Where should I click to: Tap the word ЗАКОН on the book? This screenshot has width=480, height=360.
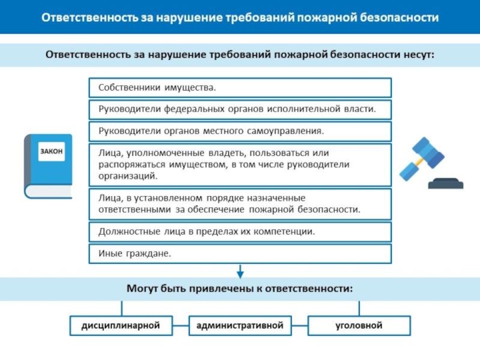pyautogui.click(x=52, y=152)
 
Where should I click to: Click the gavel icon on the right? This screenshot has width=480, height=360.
pyautogui.click(x=430, y=163)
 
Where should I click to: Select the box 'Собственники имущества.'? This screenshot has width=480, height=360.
pyautogui.click(x=240, y=88)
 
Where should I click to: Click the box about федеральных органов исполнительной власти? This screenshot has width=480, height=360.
pyautogui.click(x=240, y=109)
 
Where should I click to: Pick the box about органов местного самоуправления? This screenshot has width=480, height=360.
pyautogui.click(x=240, y=131)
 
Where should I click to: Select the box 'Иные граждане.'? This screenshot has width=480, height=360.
pyautogui.click(x=240, y=253)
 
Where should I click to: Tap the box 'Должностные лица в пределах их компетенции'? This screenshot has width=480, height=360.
pyautogui.click(x=240, y=231)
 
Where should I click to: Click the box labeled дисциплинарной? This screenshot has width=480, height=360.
pyautogui.click(x=121, y=326)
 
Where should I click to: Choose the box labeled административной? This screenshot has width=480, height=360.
pyautogui.click(x=240, y=326)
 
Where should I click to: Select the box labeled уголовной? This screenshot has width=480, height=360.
pyautogui.click(x=359, y=326)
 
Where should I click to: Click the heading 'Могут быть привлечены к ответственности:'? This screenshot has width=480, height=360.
pyautogui.click(x=240, y=288)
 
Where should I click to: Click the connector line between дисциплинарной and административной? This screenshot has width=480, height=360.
pyautogui.click(x=180, y=326)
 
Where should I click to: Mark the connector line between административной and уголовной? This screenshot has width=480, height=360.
pyautogui.click(x=299, y=326)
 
